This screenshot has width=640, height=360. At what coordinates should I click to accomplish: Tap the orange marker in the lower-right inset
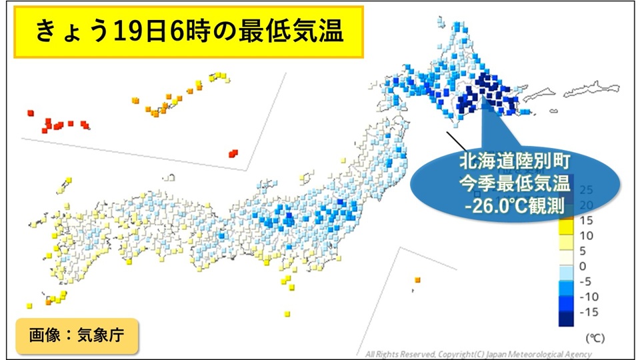[x=417, y=279]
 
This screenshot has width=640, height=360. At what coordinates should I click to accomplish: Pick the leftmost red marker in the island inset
[x=30, y=113]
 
